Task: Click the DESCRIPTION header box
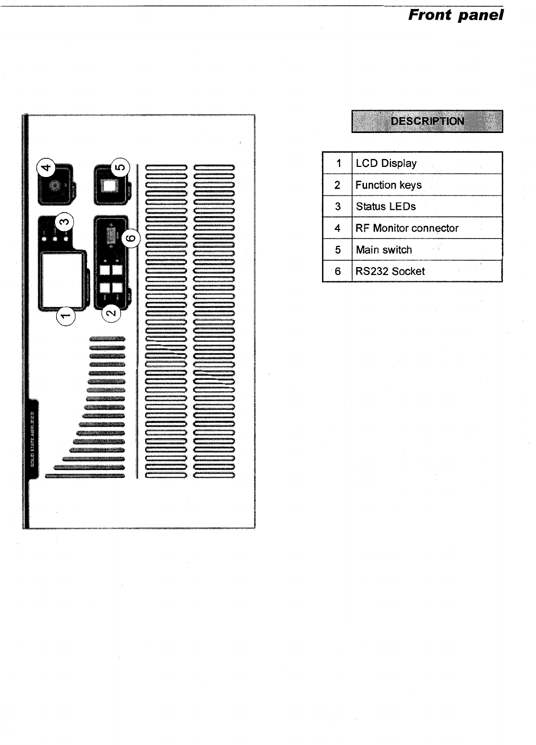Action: click(427, 121)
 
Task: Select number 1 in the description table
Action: click(338, 163)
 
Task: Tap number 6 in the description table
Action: click(338, 271)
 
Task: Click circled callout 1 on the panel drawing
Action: click(66, 317)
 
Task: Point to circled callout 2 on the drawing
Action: click(111, 313)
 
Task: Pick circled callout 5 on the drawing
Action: click(120, 168)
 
